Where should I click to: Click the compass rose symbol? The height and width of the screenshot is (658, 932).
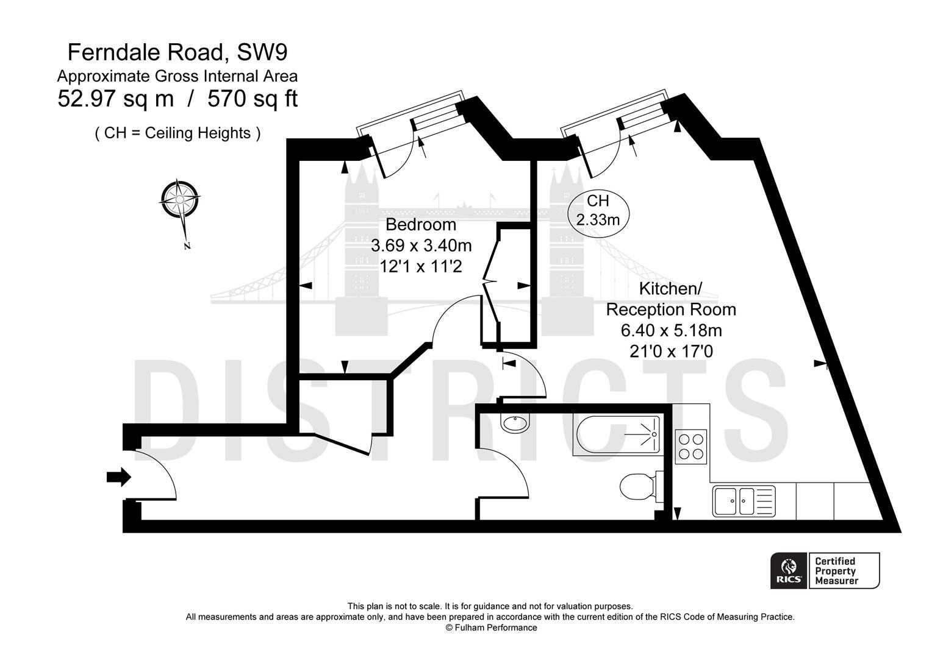tap(180, 199)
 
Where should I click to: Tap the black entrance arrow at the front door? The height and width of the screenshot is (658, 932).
tap(119, 477)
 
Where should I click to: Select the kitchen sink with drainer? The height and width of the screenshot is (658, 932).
tap(743, 502)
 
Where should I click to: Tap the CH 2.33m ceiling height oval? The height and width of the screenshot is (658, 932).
tap(598, 210)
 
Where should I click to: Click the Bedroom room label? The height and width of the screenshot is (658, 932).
tap(421, 224)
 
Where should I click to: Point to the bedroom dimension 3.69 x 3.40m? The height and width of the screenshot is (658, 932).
tap(421, 246)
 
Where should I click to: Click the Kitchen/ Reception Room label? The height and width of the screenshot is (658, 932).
tap(670, 299)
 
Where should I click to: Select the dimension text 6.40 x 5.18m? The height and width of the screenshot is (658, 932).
tap(671, 331)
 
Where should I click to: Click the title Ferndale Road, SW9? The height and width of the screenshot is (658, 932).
tap(177, 52)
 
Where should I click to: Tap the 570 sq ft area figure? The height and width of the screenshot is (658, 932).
tap(253, 99)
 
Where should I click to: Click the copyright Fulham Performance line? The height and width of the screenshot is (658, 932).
tap(491, 628)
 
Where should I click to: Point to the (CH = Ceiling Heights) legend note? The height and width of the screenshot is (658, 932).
tap(177, 133)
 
